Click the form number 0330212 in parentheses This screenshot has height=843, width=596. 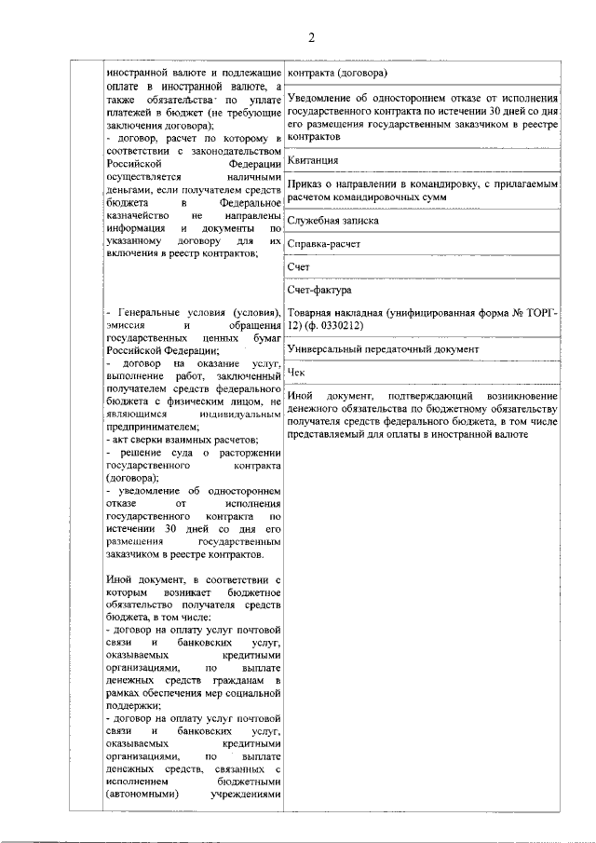pyautogui.click(x=338, y=326)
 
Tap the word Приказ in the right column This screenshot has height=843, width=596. pyautogui.click(x=308, y=184)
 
